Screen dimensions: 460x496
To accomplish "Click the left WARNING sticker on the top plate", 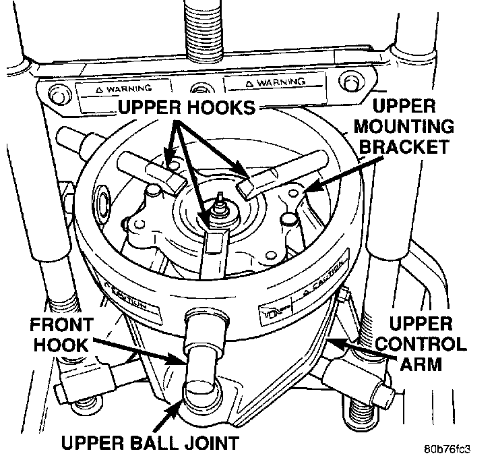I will [123, 88].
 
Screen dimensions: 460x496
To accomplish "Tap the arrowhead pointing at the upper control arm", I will [332, 343].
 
